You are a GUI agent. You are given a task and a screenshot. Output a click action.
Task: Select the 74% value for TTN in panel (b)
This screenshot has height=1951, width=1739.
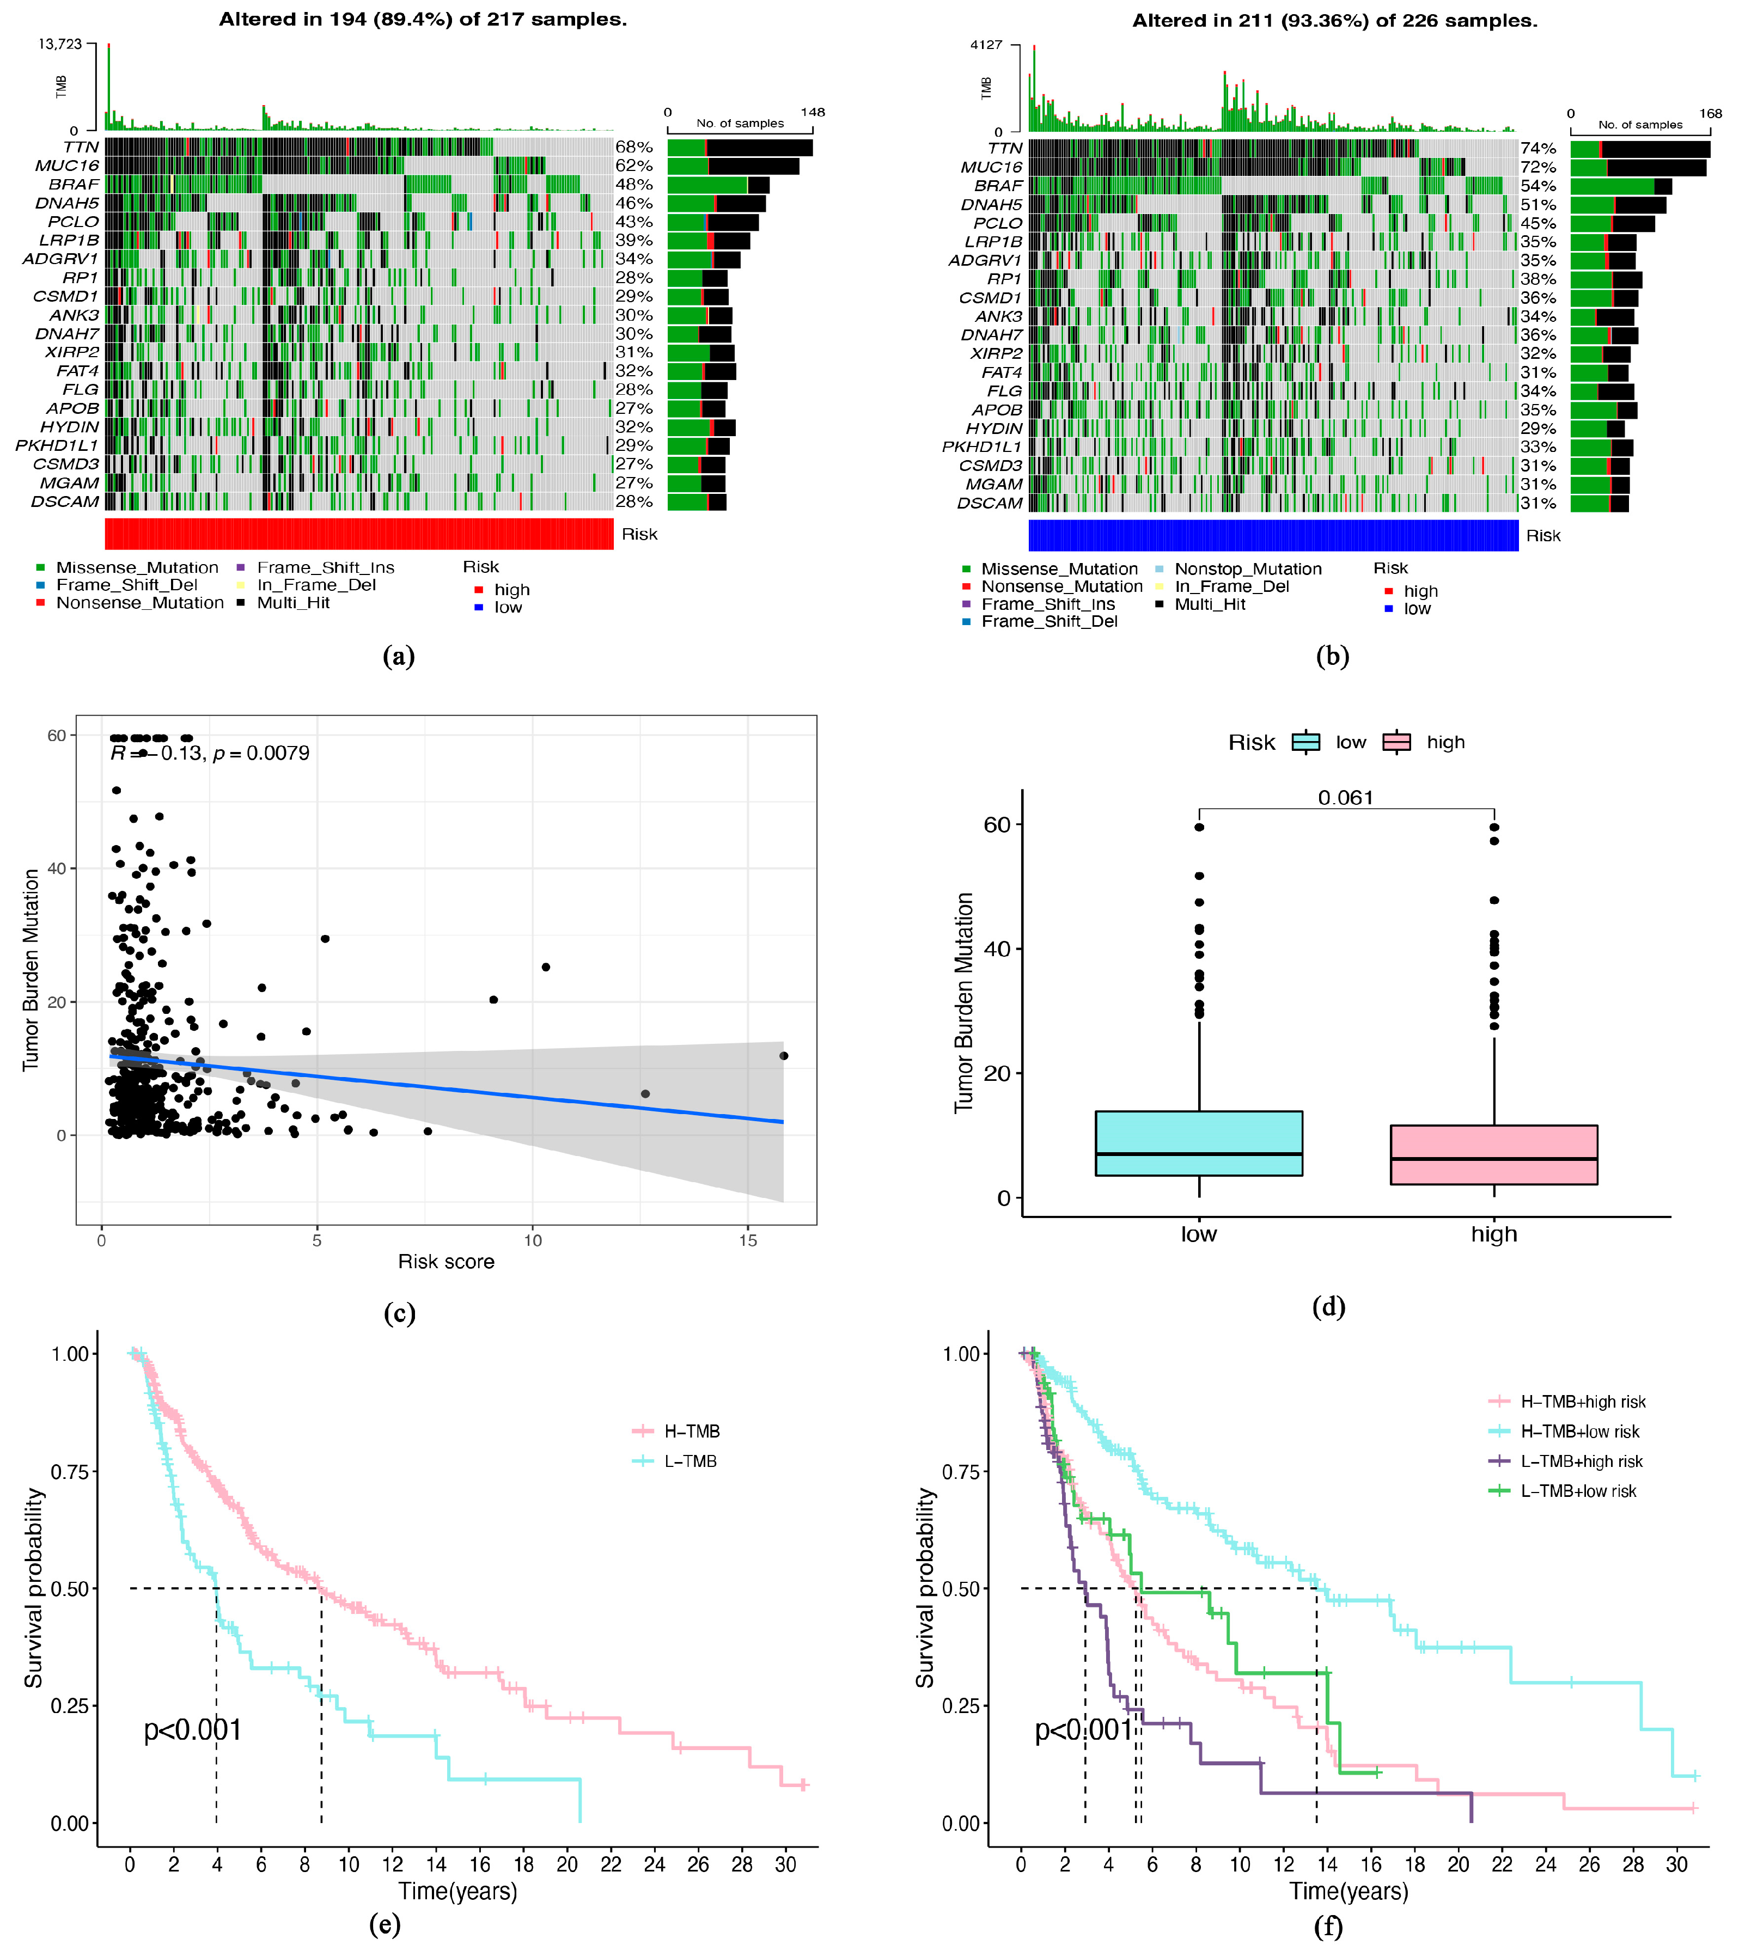click(1539, 148)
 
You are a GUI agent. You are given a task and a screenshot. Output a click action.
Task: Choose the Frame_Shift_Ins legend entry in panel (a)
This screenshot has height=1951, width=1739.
click(325, 567)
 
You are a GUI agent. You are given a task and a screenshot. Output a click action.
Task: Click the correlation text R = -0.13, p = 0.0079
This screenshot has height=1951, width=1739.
click(210, 753)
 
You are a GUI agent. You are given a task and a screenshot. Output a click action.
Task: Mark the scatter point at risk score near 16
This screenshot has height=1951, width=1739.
click(784, 1056)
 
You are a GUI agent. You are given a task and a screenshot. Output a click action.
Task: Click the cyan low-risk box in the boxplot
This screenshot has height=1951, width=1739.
click(1198, 1143)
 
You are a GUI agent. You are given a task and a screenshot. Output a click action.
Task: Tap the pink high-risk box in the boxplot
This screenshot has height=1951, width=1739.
click(1493, 1155)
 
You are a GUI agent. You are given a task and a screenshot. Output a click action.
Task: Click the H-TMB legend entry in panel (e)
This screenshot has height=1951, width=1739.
click(691, 1431)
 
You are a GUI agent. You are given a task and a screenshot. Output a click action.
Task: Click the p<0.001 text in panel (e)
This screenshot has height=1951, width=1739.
click(192, 1730)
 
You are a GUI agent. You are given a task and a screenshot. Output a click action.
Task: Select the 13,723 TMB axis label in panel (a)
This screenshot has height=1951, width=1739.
click(60, 44)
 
